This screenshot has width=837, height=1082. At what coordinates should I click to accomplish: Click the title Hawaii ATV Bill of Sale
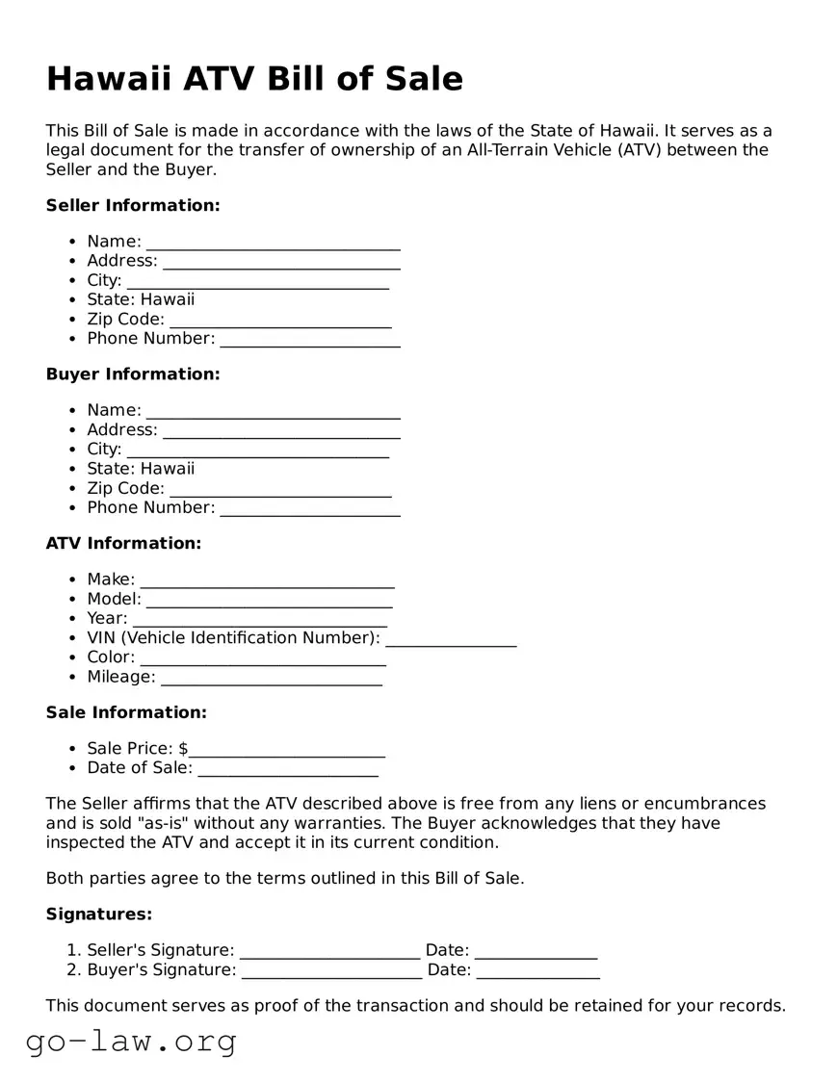pos(254,79)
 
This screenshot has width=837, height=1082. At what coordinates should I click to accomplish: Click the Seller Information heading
pos(133,205)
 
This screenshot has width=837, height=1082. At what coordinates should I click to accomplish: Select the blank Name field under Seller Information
pos(273,243)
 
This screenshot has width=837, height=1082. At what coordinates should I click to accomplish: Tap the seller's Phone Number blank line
pos(309,340)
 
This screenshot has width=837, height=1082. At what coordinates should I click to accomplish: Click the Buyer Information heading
pos(133,374)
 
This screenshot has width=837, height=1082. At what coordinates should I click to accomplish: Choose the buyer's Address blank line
pos(281,431)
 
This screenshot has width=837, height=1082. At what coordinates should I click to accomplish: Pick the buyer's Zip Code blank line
pos(280,489)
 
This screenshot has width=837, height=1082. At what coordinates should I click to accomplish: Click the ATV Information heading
pos(123,543)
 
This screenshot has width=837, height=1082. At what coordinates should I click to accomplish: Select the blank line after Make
pos(267,580)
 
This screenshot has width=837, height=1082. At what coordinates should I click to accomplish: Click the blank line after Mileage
pos(271,678)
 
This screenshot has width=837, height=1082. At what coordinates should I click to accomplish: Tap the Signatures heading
pos(99,914)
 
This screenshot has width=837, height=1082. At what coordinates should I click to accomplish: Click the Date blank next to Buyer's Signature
pos(537,971)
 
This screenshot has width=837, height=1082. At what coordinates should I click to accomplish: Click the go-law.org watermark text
pos(131,1041)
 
